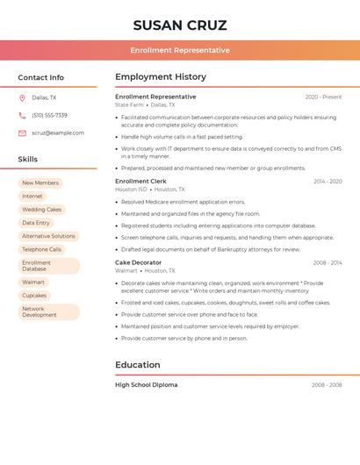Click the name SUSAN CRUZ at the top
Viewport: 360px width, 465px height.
coord(180,25)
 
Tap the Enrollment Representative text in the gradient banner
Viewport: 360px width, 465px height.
coord(180,50)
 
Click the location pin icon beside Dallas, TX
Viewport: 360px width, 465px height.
coord(22,98)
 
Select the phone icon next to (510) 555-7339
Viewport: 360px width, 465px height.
coord(22,116)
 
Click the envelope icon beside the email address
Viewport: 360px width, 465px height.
coord(22,133)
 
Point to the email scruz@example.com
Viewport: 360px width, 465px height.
coord(58,133)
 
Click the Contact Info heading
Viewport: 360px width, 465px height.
coord(41,77)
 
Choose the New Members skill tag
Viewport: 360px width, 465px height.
coord(40,183)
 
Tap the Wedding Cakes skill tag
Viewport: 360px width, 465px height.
coord(42,210)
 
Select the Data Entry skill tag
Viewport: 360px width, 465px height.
coord(36,223)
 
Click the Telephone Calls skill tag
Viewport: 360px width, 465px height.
coord(42,249)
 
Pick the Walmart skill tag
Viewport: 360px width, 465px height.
coord(33,283)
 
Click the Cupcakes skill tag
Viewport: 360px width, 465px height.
coord(34,296)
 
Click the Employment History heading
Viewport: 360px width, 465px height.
coord(161,77)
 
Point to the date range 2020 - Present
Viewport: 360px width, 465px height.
coord(323,97)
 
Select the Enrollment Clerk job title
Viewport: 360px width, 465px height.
coord(140,182)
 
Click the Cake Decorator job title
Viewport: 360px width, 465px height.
coord(139,262)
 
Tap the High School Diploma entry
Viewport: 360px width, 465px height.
coord(147,385)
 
